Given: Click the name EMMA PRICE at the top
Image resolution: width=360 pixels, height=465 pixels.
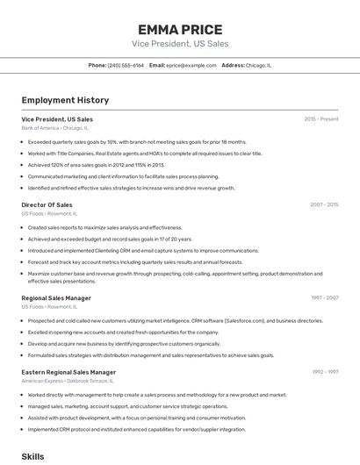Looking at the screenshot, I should click(x=180, y=30).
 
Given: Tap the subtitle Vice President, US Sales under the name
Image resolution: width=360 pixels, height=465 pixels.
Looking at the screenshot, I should click(x=180, y=44).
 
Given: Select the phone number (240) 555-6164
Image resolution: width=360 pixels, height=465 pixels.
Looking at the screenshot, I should click(x=126, y=65).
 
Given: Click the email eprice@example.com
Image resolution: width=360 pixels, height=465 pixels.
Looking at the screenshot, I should click(x=191, y=65).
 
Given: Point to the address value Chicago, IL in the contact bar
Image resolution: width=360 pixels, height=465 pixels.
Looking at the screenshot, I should click(x=259, y=65).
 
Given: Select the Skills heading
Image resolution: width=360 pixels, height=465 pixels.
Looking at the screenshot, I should click(x=32, y=457).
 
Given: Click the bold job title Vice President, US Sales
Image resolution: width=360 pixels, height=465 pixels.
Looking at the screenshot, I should click(x=57, y=119).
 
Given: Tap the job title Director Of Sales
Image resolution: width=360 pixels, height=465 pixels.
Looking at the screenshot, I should click(x=47, y=204).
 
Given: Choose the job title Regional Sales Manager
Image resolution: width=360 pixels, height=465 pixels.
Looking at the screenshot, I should click(x=56, y=298).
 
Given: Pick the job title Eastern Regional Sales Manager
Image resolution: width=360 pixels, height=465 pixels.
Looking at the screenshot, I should click(x=68, y=372).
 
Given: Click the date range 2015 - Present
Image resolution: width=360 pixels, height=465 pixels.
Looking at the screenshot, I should click(x=321, y=119).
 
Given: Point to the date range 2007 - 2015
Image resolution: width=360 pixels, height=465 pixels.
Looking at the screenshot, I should click(x=324, y=204).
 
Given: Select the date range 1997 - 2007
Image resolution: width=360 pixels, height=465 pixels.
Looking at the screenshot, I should click(x=324, y=298).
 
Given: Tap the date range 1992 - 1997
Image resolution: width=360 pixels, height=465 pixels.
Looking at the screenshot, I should click(x=325, y=372).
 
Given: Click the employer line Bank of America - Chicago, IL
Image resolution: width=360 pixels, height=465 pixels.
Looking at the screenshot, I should click(x=54, y=128).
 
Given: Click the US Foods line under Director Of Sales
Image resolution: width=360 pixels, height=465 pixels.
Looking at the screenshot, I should click(x=48, y=213).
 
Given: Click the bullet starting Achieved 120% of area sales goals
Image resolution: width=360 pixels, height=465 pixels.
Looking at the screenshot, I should click(x=97, y=165).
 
